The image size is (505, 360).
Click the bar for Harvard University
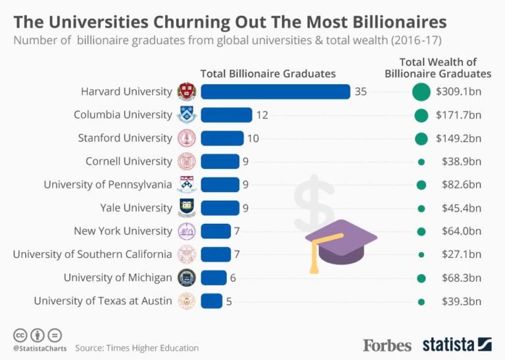pos(276,91)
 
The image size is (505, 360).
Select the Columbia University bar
pos(226,115)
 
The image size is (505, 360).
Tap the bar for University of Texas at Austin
pos(212,301)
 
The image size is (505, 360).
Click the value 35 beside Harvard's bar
pos(360,91)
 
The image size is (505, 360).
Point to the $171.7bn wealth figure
pos(458,115)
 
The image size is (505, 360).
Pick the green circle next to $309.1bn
pos(421,91)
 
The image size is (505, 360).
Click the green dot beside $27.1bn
pos(421,255)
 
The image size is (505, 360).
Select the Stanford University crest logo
pos(187,138)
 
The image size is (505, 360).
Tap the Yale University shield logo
pos(187,208)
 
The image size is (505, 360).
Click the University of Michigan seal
pos(187,278)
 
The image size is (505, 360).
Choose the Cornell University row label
pos(129,161)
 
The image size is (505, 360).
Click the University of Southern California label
pos(92,254)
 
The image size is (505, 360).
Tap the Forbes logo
pos(387,345)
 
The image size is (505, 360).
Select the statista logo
pos(457,344)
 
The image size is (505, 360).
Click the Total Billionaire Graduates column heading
pos(268,74)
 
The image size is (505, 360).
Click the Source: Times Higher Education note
pos(136,347)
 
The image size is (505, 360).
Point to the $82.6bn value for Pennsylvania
pos(458,185)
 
